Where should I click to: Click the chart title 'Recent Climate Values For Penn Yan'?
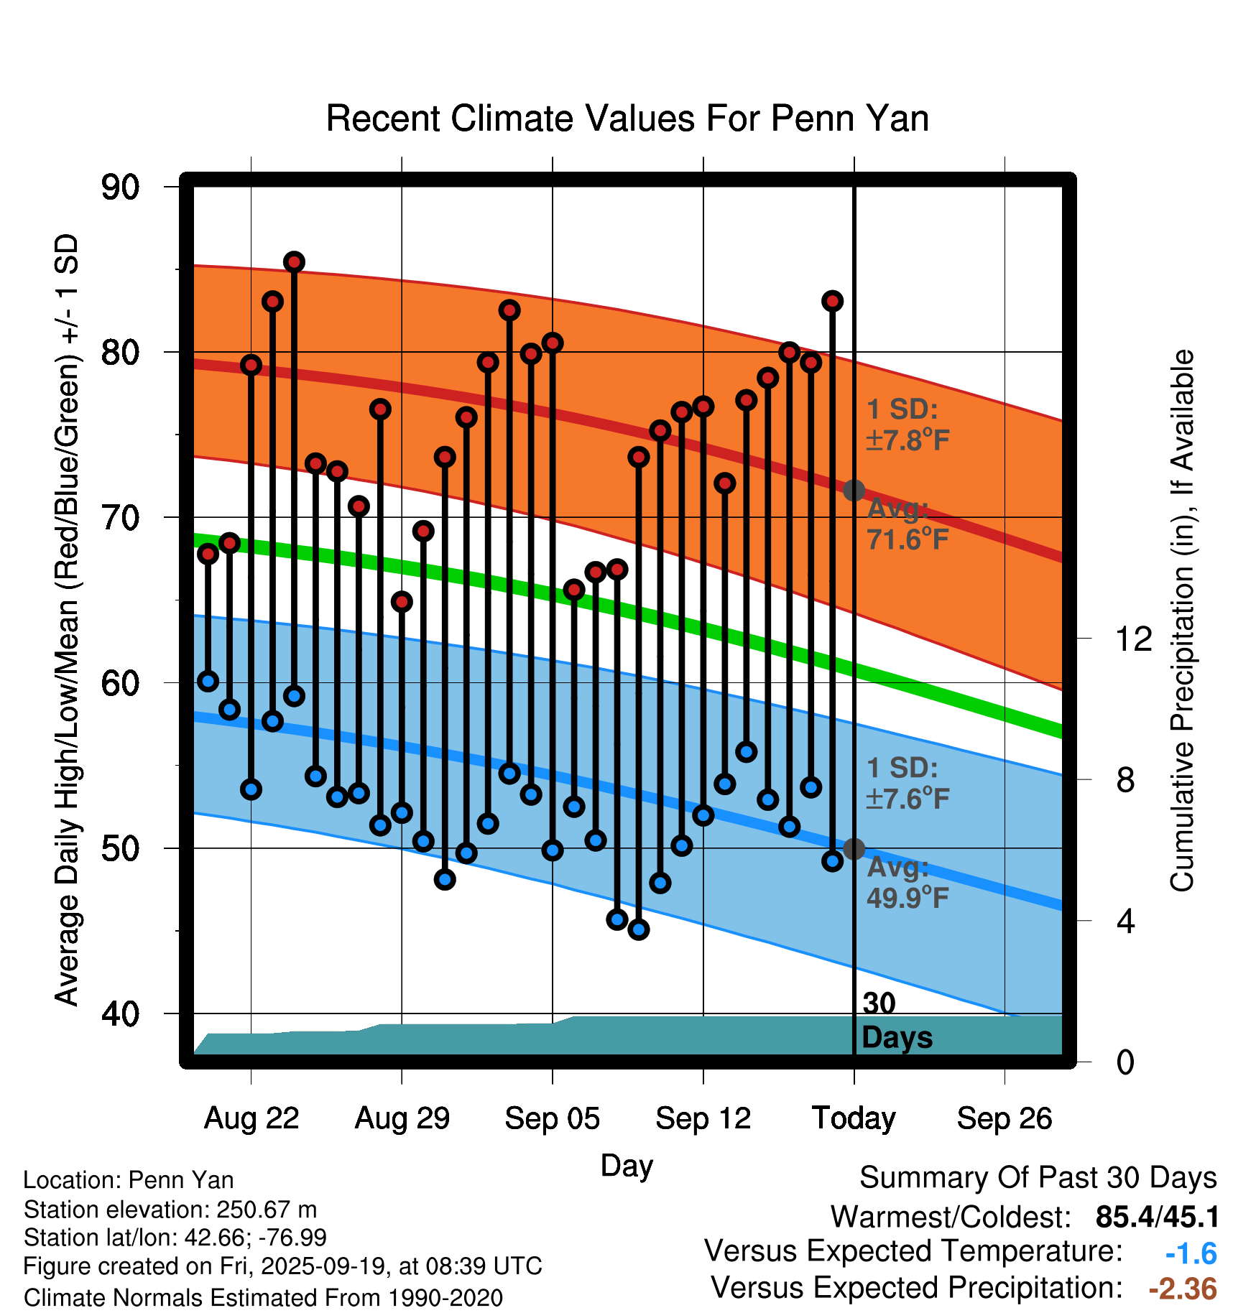click(x=627, y=119)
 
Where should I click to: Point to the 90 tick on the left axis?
click(x=120, y=187)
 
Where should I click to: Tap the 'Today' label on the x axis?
click(x=854, y=1118)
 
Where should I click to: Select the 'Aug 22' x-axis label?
click(x=251, y=1118)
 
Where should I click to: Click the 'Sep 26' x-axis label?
click(x=1004, y=1118)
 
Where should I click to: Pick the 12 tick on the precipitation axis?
click(x=1133, y=639)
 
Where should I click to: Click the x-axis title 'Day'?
click(x=627, y=1165)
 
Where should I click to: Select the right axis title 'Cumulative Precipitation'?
click(x=1182, y=621)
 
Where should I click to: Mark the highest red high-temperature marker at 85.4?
click(x=294, y=262)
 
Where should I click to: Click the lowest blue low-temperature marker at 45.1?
click(x=639, y=929)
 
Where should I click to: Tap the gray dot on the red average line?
click(x=854, y=491)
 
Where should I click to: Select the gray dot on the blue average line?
click(x=854, y=849)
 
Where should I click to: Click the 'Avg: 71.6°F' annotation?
click(x=908, y=524)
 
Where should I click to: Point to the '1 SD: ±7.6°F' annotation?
click(x=908, y=783)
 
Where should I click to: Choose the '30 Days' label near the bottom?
click(x=896, y=1021)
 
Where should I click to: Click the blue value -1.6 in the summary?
click(x=1191, y=1253)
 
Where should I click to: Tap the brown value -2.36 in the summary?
click(x=1183, y=1289)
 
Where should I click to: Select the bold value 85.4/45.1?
click(x=1157, y=1217)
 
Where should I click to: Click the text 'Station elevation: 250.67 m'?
click(x=170, y=1210)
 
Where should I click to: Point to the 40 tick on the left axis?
click(x=120, y=1013)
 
